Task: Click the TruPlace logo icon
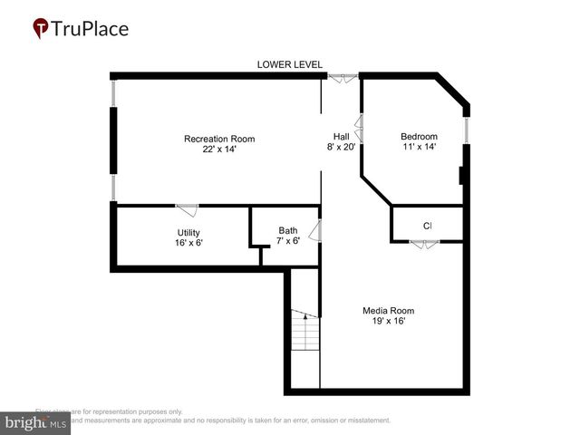[x=40, y=29]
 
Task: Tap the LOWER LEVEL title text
[x=289, y=64]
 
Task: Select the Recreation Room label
[x=219, y=139]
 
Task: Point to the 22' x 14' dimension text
[x=219, y=150]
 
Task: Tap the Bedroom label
[x=419, y=137]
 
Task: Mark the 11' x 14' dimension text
[x=419, y=148]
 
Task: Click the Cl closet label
[x=427, y=226]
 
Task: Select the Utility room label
[x=188, y=233]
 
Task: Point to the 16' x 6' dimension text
[x=188, y=244]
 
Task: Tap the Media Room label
[x=389, y=311]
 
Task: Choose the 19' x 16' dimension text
[x=389, y=322]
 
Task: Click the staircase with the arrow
[x=305, y=331]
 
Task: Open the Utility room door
[x=187, y=210]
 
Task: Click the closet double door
[x=423, y=244]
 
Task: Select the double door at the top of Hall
[x=343, y=79]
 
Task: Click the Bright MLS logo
[x=35, y=422]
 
